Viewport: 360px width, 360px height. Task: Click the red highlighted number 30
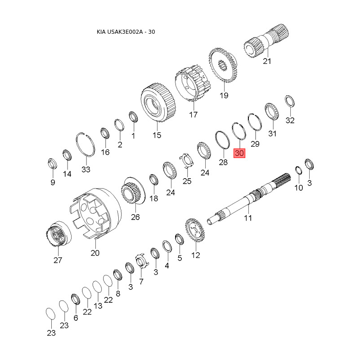tap(239, 153)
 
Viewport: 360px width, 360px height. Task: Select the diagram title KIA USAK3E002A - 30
tap(126, 31)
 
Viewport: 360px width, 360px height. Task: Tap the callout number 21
tap(267, 61)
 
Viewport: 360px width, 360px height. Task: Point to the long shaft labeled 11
tap(249, 198)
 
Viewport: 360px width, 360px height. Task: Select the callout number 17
tap(193, 114)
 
